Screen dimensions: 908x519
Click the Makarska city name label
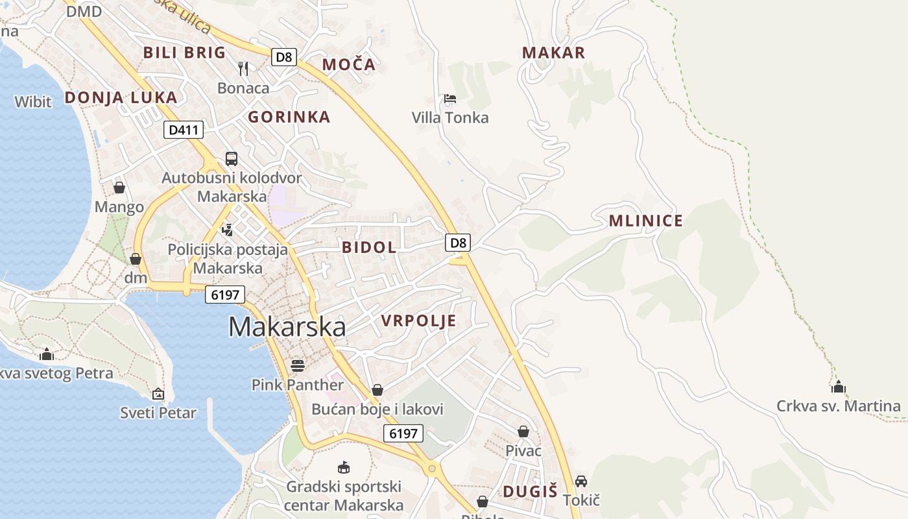[287, 327]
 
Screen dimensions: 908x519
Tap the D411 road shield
[183, 130]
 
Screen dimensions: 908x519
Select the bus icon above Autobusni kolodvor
[232, 158]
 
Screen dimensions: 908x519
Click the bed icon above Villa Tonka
[449, 99]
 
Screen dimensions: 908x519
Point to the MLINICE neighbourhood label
[645, 221]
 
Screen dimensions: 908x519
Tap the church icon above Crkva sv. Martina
[839, 387]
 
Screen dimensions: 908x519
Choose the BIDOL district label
[369, 247]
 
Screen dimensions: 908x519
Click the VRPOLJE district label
[418, 320]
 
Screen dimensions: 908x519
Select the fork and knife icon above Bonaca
[243, 69]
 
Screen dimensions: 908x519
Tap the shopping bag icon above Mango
[119, 188]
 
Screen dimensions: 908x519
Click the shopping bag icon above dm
[136, 259]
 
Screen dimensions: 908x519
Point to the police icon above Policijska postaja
[227, 230]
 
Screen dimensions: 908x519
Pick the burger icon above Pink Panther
[298, 366]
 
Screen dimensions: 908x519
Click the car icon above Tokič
[581, 481]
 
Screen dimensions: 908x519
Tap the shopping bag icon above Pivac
[523, 431]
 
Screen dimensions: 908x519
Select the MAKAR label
[553, 53]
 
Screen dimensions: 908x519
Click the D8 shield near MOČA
[283, 57]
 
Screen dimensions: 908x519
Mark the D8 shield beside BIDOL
[458, 243]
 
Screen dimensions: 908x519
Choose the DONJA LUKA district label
[121, 98]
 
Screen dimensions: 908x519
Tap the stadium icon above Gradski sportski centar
[344, 467]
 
